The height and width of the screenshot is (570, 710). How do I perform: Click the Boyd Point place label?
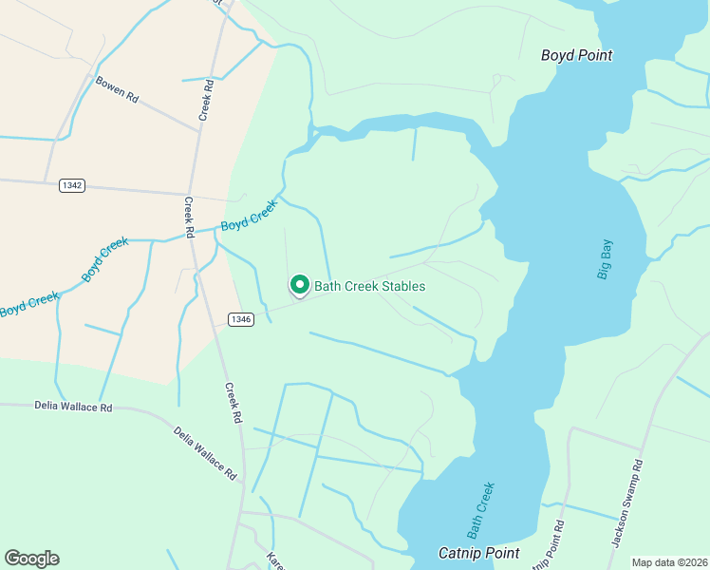pos(576,55)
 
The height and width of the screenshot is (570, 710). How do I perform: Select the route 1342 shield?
pos(71,184)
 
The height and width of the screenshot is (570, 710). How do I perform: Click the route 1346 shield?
pos(240,319)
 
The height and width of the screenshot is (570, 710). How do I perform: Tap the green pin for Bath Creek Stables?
pos(300,285)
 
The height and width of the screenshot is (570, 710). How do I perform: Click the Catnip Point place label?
pos(478,552)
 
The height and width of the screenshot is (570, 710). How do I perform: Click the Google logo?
pos(31,558)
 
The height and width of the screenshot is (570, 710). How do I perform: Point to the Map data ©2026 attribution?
pos(669,562)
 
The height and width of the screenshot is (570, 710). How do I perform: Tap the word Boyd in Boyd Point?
pos(557,55)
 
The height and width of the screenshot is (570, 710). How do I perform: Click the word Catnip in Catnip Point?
pos(459,552)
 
